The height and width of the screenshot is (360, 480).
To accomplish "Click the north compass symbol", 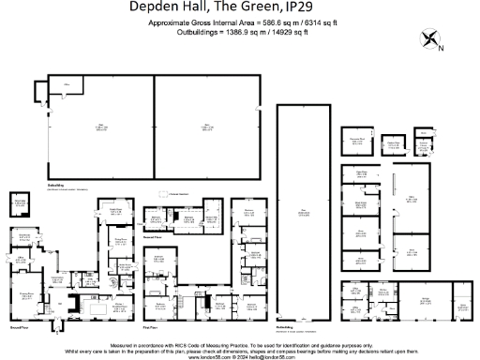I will pyautogui.click(x=432, y=40).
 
